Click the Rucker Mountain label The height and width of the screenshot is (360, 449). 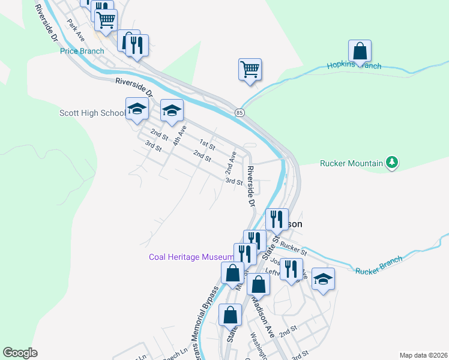(352, 163)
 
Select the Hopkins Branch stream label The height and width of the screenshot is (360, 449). (354, 66)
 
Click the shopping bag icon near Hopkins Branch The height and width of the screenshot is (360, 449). (360, 51)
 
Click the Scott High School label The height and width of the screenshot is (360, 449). (92, 113)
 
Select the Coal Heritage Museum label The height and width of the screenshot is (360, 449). (191, 257)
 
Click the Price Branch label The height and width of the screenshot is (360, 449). (82, 51)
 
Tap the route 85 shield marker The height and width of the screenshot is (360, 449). (240, 113)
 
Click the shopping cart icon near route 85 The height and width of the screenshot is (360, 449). (250, 68)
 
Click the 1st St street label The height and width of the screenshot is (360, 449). (208, 145)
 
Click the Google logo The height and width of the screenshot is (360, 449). (20, 353)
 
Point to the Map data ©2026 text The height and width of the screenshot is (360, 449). (423, 355)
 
